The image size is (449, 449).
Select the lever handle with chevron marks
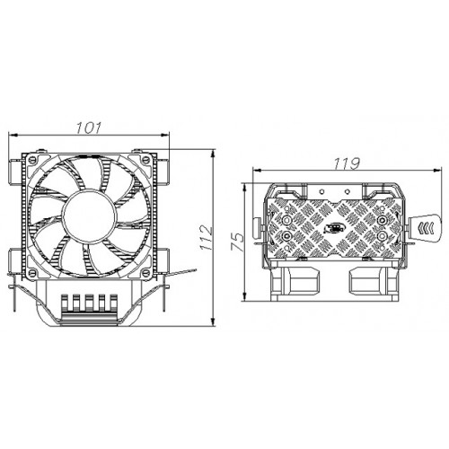click(427, 224)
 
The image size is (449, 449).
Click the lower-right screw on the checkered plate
click(382, 238)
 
